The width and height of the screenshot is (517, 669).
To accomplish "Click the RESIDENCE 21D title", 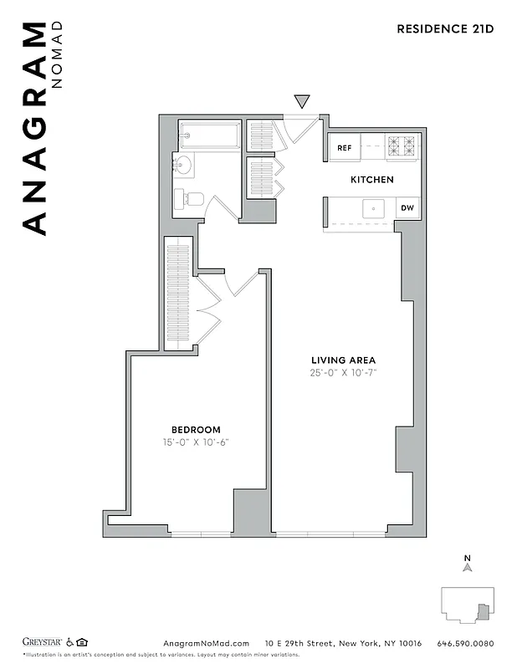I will coord(445,28).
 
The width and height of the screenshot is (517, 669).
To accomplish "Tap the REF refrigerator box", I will coord(344,148).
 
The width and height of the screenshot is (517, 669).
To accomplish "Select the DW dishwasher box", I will coord(407,208).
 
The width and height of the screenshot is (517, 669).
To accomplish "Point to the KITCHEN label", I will coord(371,180).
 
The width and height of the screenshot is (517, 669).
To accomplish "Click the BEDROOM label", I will coord(197,430).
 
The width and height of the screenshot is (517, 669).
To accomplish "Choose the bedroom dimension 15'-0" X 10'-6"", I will coord(197,442).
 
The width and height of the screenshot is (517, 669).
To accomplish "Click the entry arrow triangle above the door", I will coord(302,102).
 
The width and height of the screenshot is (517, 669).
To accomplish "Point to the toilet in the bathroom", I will coord(190,199).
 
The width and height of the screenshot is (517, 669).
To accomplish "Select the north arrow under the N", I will coord(468,568).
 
